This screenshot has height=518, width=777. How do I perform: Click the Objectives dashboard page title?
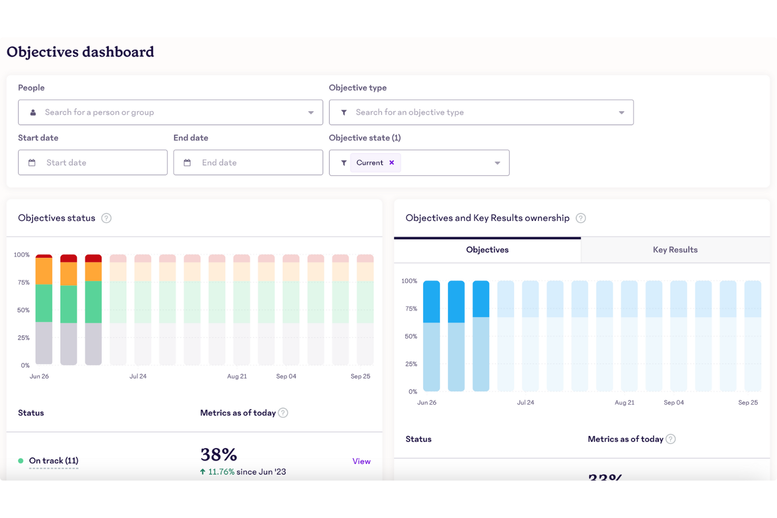click(x=80, y=52)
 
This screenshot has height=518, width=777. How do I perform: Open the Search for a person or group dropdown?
click(x=170, y=112)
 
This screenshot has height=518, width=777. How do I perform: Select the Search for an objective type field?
click(x=481, y=112)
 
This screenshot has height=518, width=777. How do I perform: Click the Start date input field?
click(x=93, y=163)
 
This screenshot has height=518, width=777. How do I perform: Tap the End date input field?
click(x=248, y=163)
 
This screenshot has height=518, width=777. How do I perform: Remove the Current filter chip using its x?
click(x=392, y=163)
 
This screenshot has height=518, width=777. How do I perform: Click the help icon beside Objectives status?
click(x=107, y=218)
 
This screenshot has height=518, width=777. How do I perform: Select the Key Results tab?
click(x=675, y=250)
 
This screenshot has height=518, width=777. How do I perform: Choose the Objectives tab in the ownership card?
click(x=487, y=250)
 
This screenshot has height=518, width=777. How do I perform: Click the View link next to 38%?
click(x=361, y=461)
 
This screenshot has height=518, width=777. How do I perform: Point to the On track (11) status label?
click(x=54, y=461)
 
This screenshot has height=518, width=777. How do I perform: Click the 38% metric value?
click(x=219, y=454)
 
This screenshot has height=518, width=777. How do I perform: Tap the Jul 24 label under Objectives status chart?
click(x=138, y=376)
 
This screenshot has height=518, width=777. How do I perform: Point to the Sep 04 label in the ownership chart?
click(x=674, y=403)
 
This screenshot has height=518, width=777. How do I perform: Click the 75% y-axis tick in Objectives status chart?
click(x=24, y=282)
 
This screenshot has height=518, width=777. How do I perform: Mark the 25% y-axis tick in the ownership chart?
click(x=411, y=364)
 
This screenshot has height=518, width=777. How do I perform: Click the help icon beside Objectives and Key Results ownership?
click(x=581, y=218)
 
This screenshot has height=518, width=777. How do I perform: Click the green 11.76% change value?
click(x=221, y=472)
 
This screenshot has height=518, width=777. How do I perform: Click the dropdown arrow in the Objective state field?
click(x=497, y=163)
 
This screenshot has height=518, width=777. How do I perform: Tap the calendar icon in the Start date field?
click(x=32, y=163)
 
